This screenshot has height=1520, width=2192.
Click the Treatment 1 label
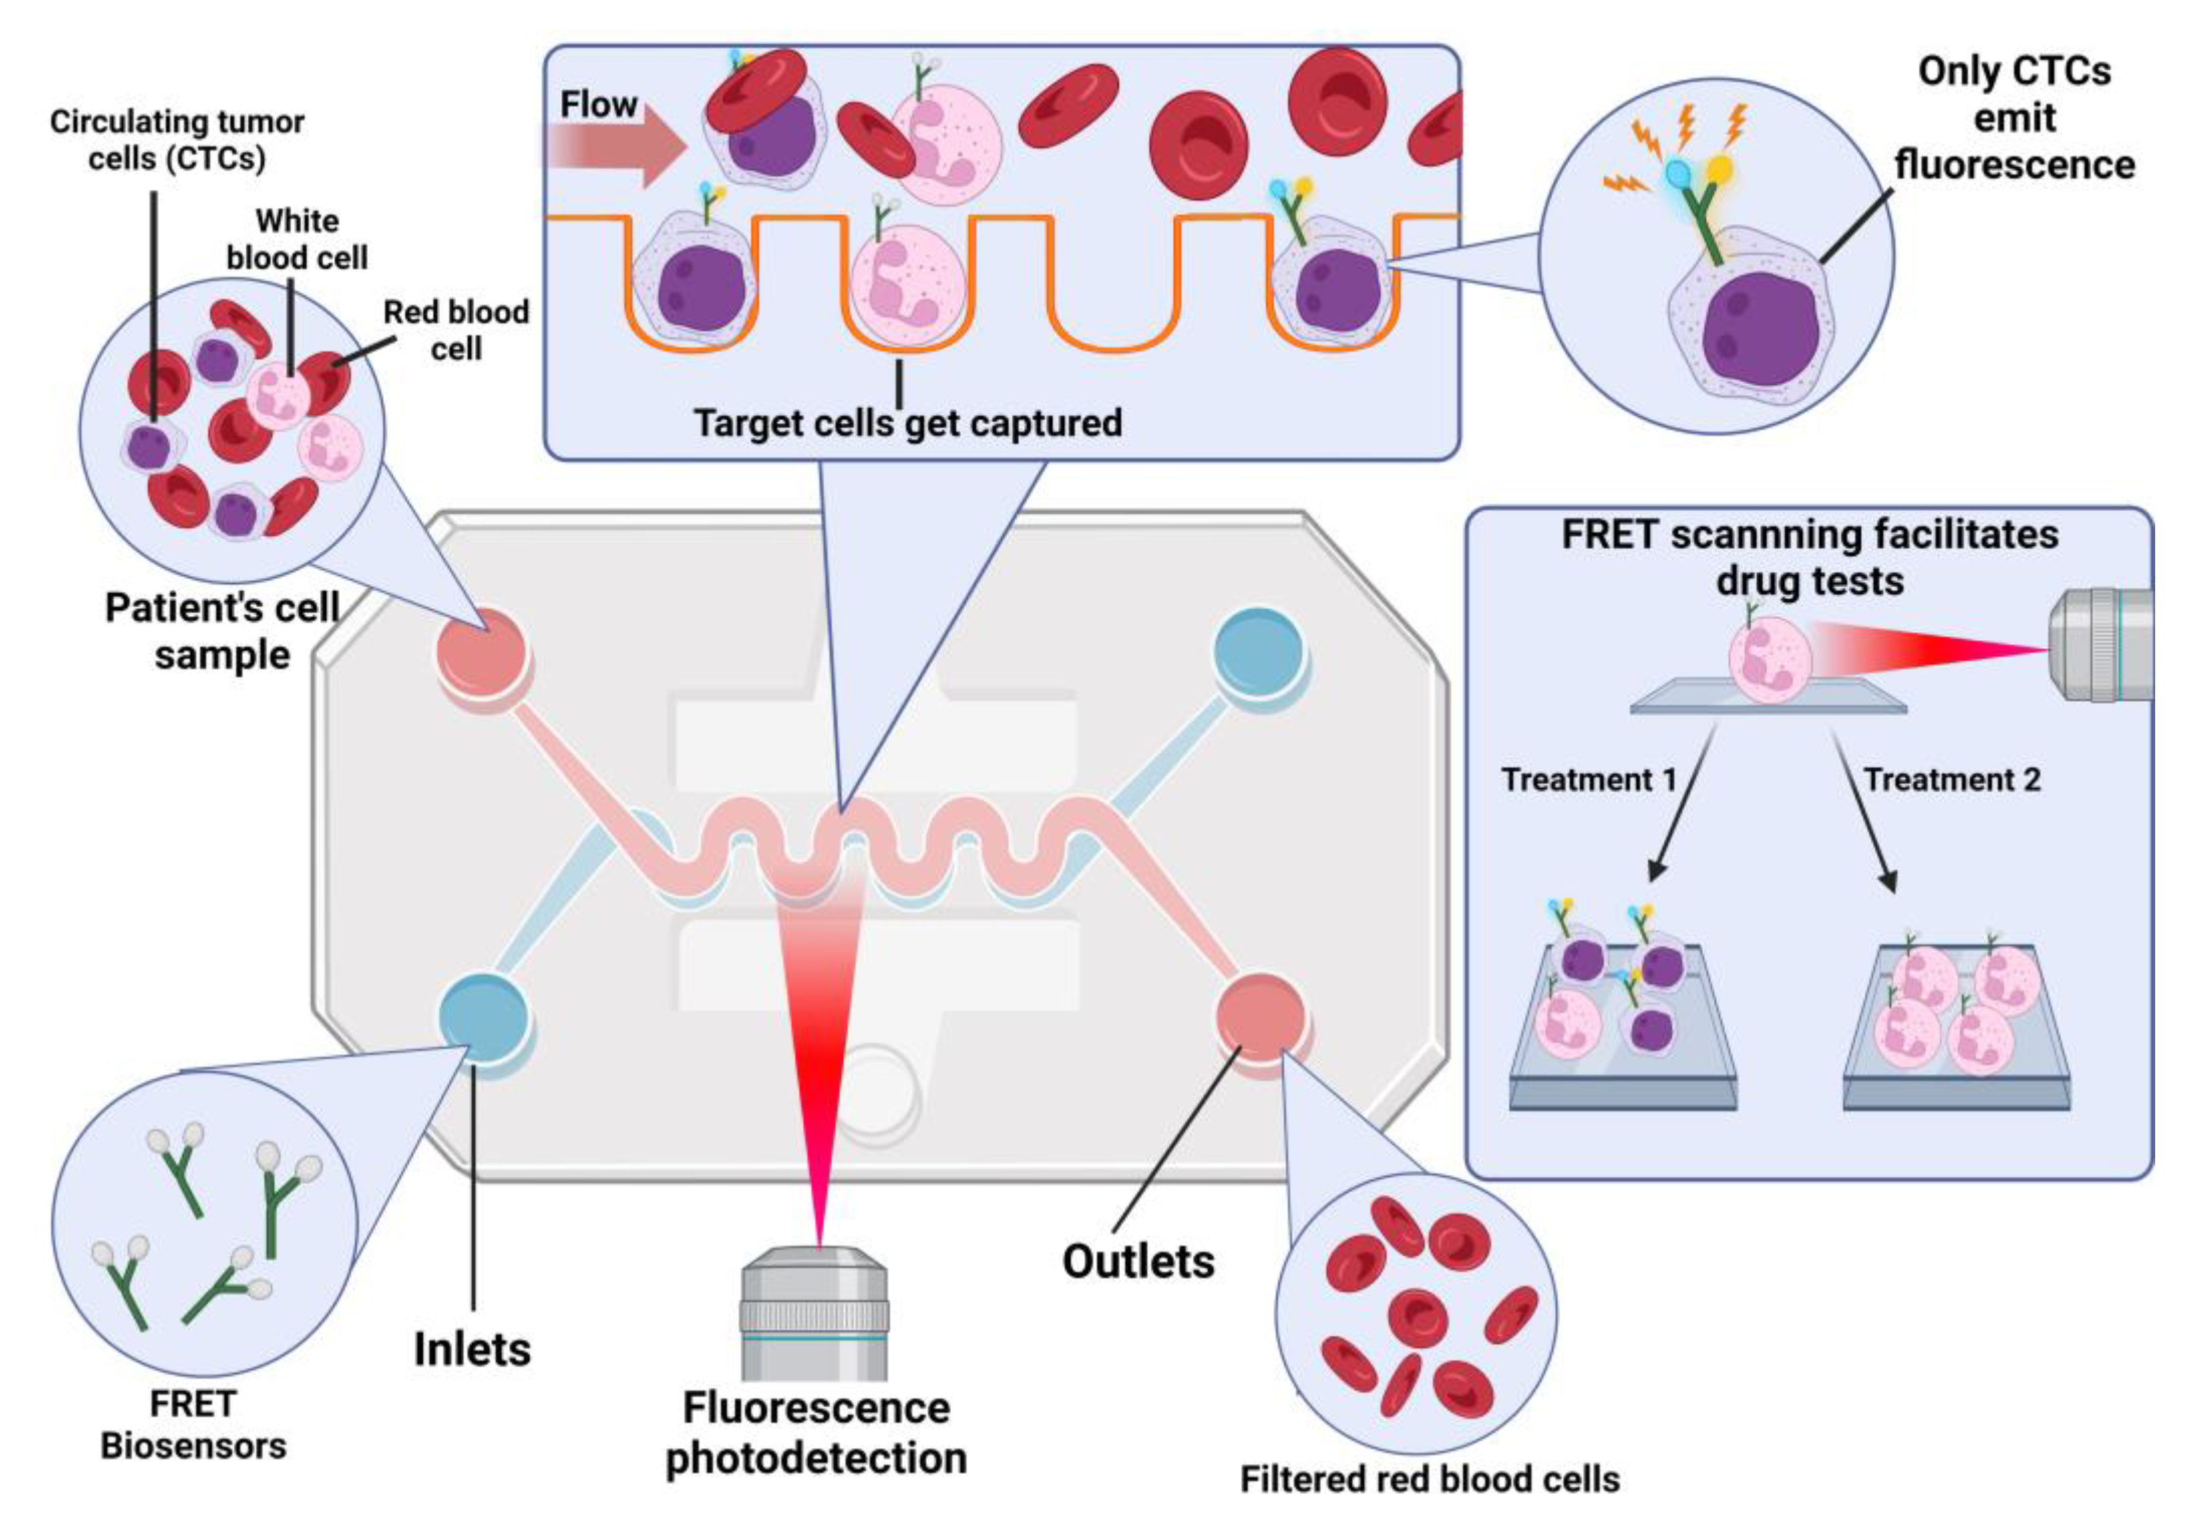tap(1588, 780)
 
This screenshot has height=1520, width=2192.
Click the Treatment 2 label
tap(1951, 780)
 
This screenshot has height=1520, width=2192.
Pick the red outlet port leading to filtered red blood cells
tap(1259, 1017)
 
